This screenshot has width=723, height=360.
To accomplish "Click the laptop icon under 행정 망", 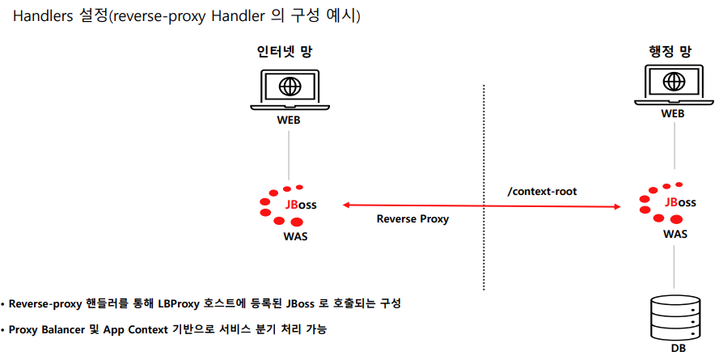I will tap(673, 85).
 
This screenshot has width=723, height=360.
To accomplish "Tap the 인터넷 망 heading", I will tap(284, 52).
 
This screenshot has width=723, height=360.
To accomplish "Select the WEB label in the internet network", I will tap(290, 121).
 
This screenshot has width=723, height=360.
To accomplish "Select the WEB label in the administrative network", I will tap(673, 114).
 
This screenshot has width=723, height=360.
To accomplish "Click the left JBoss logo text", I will tap(300, 205).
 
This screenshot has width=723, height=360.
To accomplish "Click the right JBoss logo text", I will tap(679, 202).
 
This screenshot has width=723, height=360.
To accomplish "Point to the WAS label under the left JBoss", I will tap(295, 237).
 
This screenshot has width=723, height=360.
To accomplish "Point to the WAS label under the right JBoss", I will tap(675, 233).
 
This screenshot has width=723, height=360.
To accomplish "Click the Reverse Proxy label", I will tap(412, 219).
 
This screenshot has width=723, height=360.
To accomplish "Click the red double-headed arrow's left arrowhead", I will tap(347, 205).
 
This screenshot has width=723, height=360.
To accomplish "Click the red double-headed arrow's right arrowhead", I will tap(626, 205).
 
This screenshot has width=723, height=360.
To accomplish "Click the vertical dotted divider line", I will tap(484, 186).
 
